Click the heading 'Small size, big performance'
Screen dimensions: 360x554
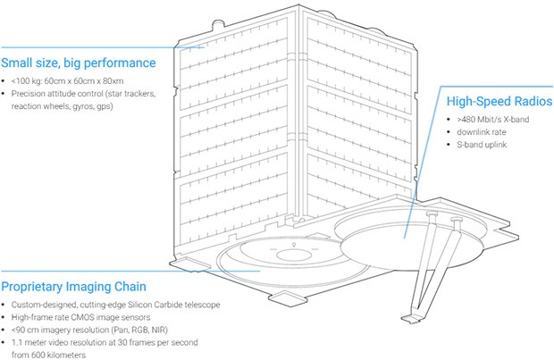click(x=79, y=63)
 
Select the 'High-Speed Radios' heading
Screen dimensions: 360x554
click(x=493, y=102)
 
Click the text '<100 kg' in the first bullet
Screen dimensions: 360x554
click(x=27, y=80)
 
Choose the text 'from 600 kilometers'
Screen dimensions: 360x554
click(x=46, y=354)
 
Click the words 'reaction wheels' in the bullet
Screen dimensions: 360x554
click(x=38, y=105)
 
